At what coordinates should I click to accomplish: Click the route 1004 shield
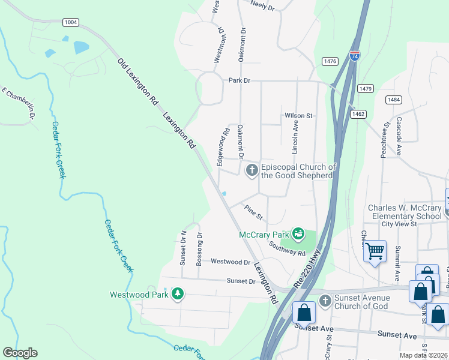71,22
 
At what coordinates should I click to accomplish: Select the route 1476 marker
330,61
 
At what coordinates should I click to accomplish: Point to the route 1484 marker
394,100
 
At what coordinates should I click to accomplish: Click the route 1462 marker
358,113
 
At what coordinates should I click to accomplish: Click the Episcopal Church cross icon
252,171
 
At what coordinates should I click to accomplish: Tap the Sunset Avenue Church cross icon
325,301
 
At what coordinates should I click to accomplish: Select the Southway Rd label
287,248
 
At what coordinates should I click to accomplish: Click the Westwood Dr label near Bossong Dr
231,262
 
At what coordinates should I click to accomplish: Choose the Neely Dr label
262,7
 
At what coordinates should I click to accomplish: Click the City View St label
399,224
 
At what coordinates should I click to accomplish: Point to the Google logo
20,353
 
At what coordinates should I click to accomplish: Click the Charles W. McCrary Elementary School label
405,212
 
